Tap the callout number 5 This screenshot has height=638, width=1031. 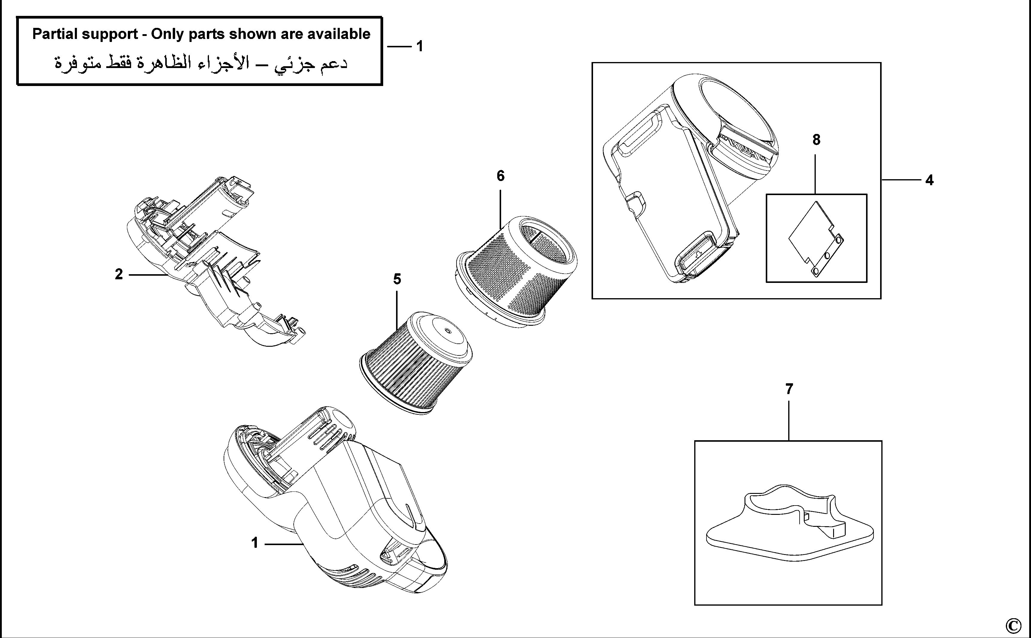[x=397, y=279]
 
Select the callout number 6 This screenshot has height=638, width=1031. [x=500, y=176]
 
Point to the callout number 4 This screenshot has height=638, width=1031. [x=930, y=181]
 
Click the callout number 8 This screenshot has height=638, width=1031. [x=816, y=140]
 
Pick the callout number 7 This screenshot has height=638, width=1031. [x=789, y=389]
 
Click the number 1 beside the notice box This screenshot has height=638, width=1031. [x=419, y=46]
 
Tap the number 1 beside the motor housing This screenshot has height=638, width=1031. [x=254, y=543]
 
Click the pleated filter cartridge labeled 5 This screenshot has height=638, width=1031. [x=415, y=363]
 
